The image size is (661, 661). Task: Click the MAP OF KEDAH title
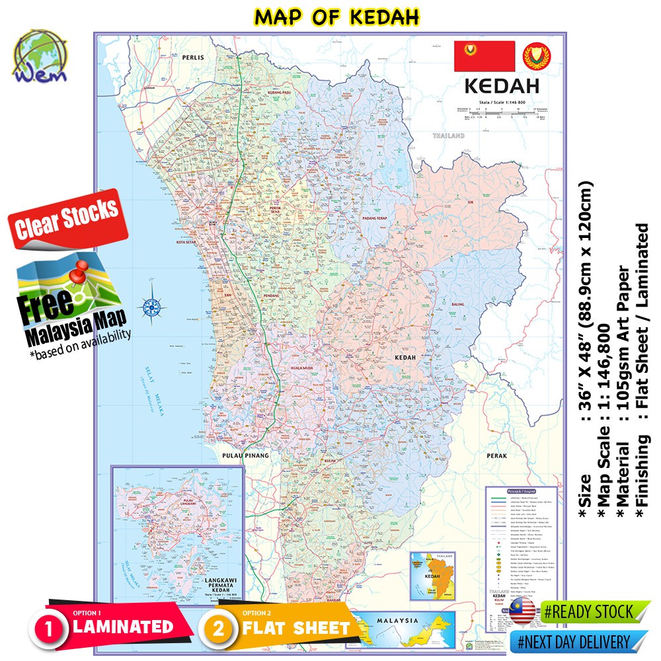[x=336, y=17]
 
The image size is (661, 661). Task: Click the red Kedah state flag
[x=484, y=56]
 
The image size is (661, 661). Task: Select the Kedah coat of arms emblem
[x=536, y=57]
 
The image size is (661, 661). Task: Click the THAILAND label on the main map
[x=449, y=136]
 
